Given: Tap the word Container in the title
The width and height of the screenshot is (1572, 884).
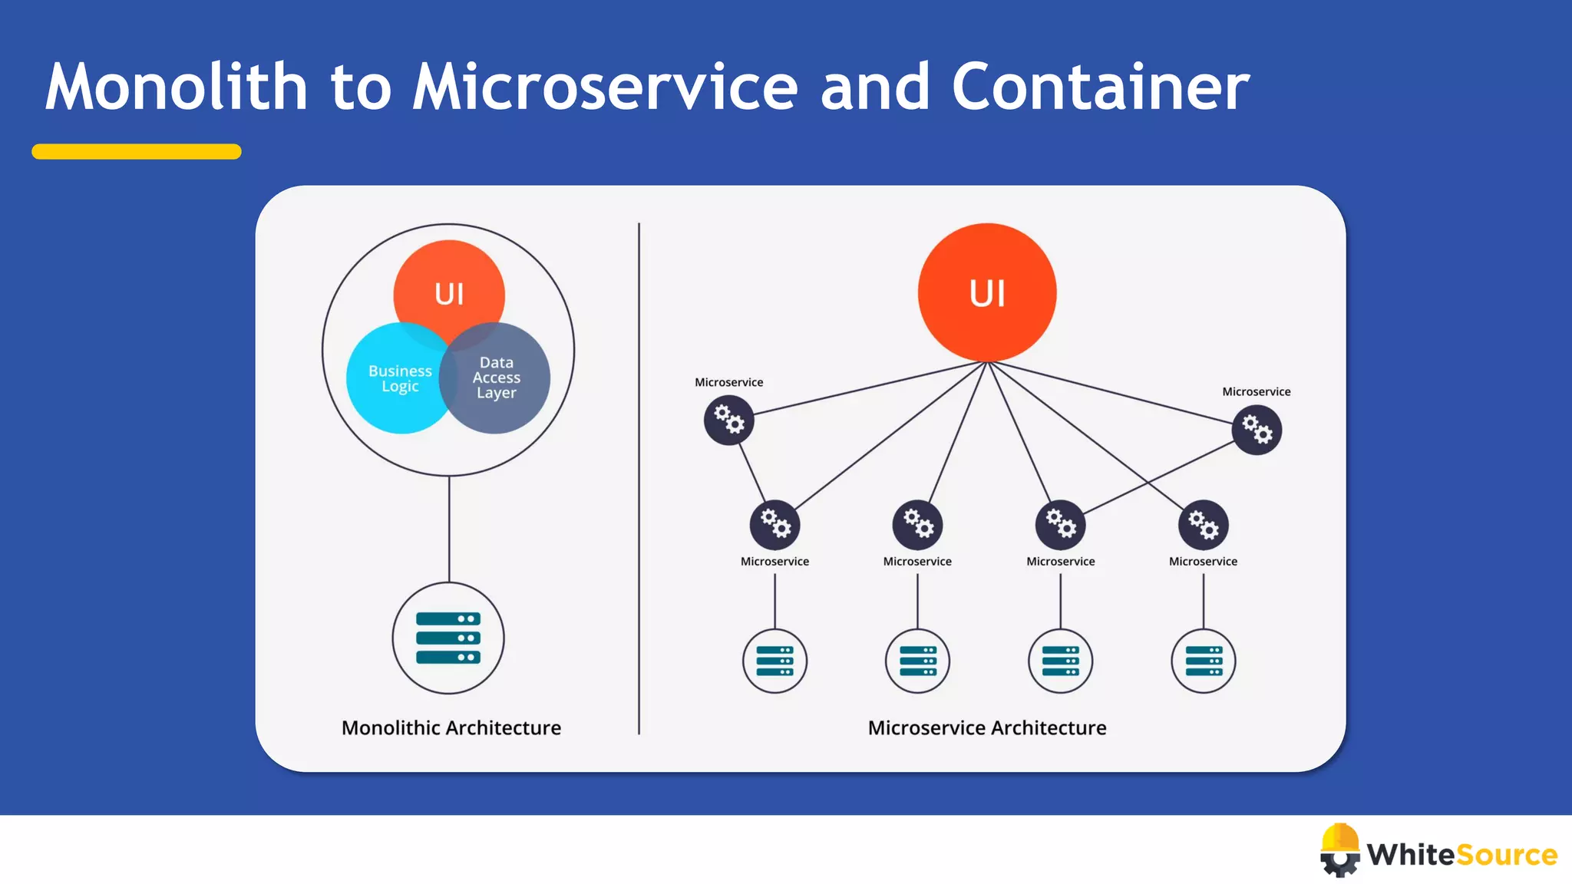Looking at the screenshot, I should pos(1100,87).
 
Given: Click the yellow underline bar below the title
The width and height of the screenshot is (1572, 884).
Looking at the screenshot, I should pos(137,151).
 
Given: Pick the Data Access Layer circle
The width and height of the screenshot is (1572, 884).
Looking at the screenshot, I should pos(503,379).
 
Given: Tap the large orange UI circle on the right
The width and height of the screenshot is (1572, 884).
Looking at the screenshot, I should pos(987,292).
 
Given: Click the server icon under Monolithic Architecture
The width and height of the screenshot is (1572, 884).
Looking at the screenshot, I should pos(448,638).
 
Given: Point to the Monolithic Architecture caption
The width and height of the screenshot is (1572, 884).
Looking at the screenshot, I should pos(451,727).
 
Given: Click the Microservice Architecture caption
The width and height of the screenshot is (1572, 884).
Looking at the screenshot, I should pos(987,727).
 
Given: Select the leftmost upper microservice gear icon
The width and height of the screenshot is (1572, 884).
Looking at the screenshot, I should pos(729,420).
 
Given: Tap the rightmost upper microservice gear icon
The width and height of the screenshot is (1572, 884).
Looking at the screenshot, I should pos(1257,430).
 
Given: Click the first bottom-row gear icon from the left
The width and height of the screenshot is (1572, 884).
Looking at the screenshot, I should pos(775,525).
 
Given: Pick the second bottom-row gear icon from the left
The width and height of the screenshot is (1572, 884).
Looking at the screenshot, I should pos(917,525).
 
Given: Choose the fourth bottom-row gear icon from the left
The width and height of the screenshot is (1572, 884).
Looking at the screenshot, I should pos(1204,525).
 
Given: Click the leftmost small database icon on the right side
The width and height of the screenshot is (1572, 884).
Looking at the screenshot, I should pos(774,661).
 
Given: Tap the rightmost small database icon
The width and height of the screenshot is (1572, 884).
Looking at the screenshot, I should pos(1204,661).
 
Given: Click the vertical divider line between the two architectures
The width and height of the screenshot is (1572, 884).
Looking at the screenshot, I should pos(639,476).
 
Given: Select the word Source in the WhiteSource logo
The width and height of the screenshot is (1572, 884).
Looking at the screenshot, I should pos(1506,854).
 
